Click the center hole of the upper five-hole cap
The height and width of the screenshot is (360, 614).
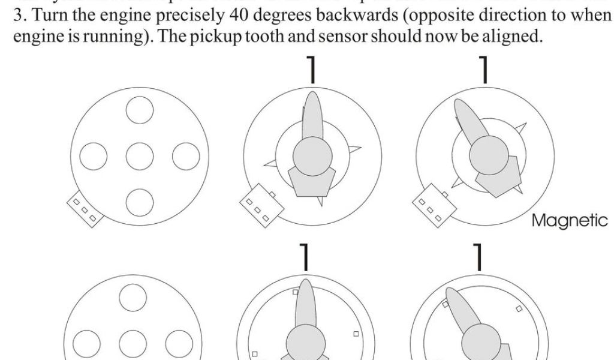point(140,157)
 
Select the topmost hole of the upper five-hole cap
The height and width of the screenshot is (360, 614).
point(140,111)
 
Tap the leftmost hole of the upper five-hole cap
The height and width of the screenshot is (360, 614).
point(94,157)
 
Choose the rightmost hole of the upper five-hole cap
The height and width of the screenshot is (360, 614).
point(186,157)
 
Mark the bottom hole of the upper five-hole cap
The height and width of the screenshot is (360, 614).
point(140,202)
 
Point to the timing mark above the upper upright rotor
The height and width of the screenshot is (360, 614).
point(311,71)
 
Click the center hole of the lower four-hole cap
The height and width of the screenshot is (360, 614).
point(133,343)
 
